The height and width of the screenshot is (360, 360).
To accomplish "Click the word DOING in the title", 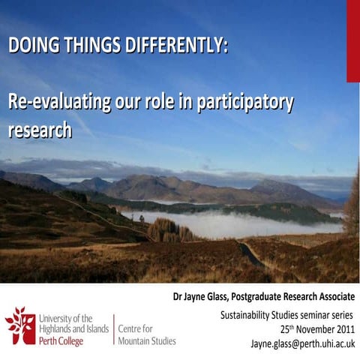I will click(x=31, y=44).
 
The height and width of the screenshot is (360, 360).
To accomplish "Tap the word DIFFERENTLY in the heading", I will click(x=173, y=44).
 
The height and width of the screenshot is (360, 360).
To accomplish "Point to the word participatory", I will click(x=244, y=102).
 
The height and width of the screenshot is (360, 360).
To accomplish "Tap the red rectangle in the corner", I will click(x=352, y=40).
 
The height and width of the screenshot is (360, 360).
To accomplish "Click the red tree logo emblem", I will click(x=19, y=325).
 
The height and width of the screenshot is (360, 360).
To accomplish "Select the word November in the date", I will click(x=307, y=329).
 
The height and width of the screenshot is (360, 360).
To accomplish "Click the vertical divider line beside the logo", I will click(x=113, y=330).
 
